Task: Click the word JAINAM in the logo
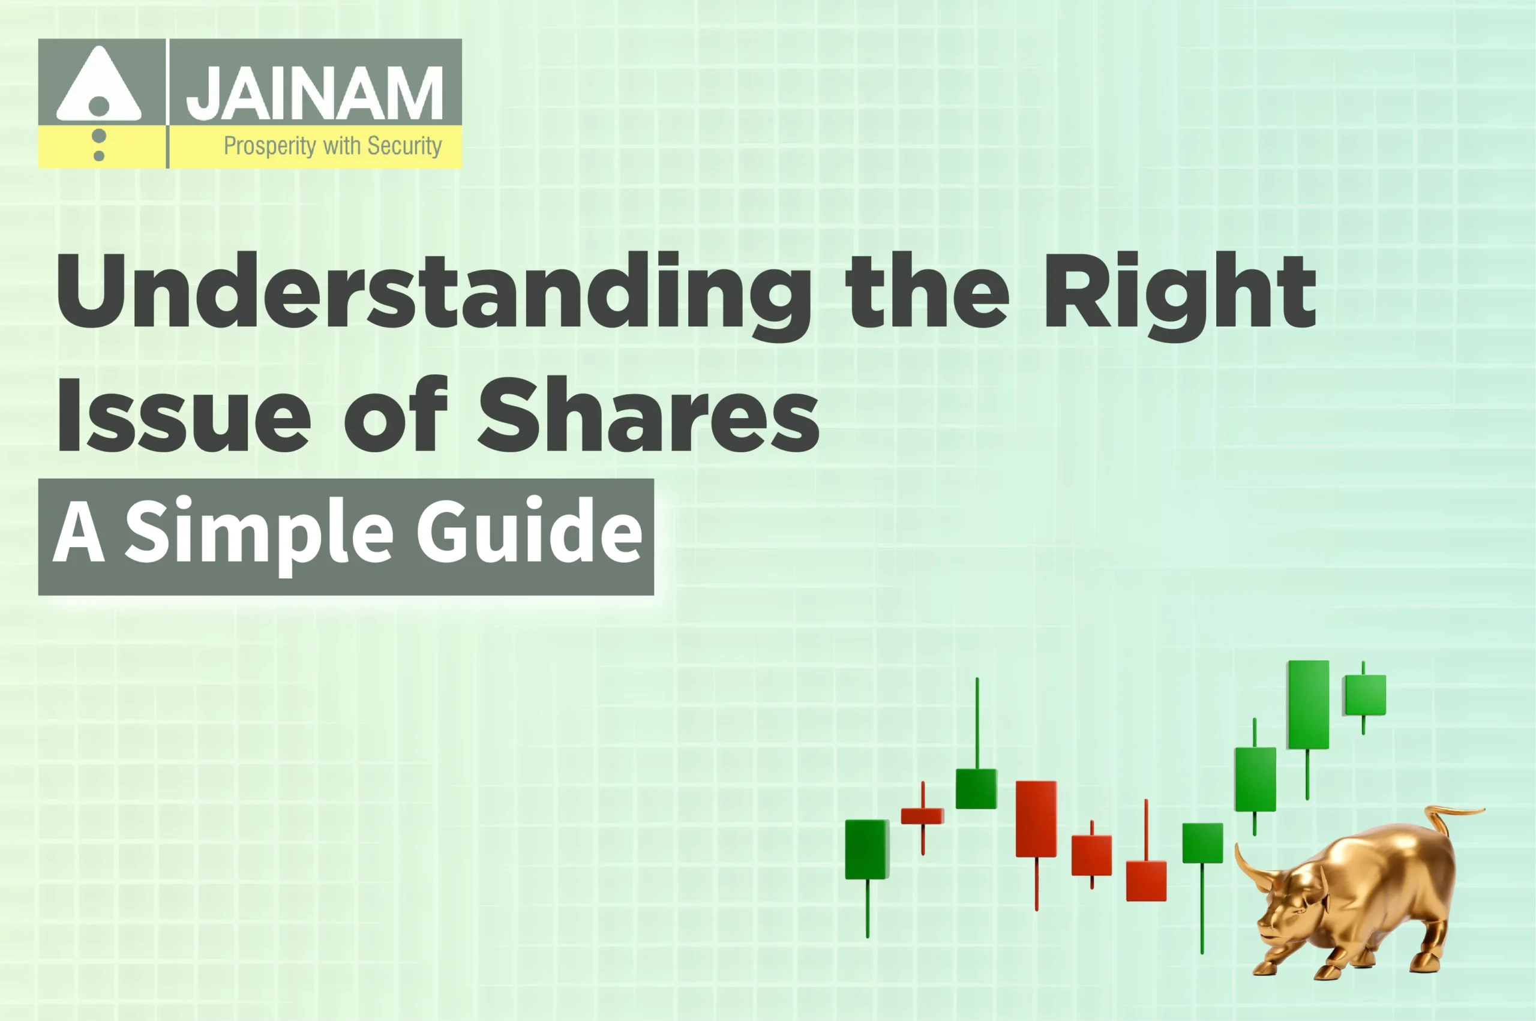pyautogui.click(x=314, y=93)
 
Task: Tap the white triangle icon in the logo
pyautogui.click(x=98, y=86)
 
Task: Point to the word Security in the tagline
pyautogui.click(x=404, y=146)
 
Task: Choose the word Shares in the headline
pyautogui.click(x=649, y=415)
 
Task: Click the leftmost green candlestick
pyautogui.click(x=866, y=849)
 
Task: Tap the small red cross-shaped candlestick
pyautogui.click(x=922, y=816)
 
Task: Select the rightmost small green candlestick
pyautogui.click(x=1365, y=695)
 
